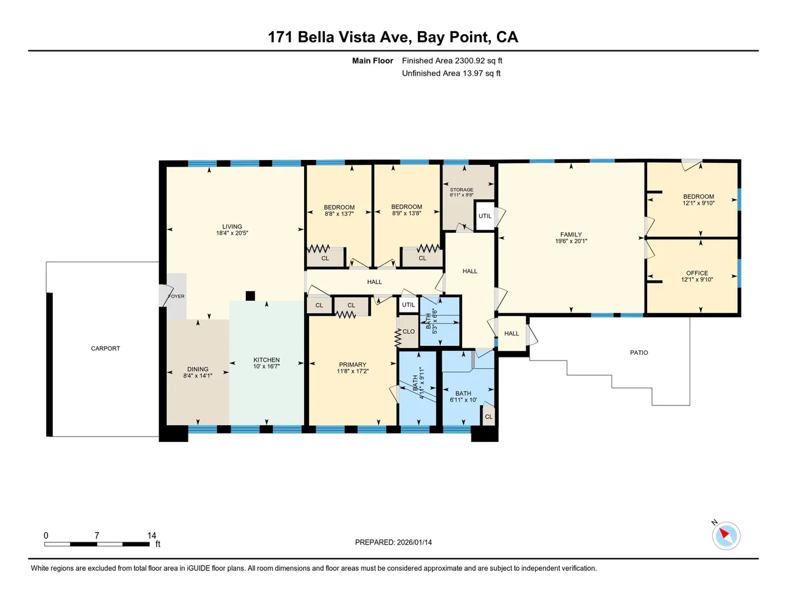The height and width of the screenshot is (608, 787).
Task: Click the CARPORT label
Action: [x=105, y=348]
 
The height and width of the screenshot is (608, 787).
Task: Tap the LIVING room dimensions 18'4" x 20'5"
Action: [x=232, y=233]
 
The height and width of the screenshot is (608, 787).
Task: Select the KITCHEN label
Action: [x=266, y=360]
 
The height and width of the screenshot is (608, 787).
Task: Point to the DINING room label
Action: [x=198, y=369]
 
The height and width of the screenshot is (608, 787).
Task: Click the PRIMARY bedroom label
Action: [x=353, y=365]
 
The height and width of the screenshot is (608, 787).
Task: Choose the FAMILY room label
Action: [x=571, y=235]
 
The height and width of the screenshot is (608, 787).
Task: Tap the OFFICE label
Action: [x=697, y=273]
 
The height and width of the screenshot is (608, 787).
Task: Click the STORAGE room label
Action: [x=462, y=190]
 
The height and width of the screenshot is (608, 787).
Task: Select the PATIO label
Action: [x=639, y=353]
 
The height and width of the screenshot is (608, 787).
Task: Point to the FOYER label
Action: [x=176, y=296]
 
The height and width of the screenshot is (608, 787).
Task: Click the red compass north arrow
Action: [x=724, y=535]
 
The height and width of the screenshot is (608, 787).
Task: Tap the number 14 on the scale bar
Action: [x=151, y=536]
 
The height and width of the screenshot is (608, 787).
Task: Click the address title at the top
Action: [x=393, y=37]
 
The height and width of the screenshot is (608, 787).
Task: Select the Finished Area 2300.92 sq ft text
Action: [x=452, y=61]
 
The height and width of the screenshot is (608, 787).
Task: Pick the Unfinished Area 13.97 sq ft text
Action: [x=451, y=74]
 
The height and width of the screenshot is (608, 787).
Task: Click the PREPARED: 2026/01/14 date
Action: [x=393, y=542]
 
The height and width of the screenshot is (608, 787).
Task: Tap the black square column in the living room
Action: [x=250, y=296]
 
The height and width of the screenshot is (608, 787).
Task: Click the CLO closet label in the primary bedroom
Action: [x=409, y=331]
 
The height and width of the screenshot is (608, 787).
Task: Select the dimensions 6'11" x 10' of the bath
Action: [x=463, y=400]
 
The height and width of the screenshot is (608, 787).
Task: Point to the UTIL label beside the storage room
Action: [x=485, y=216]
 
